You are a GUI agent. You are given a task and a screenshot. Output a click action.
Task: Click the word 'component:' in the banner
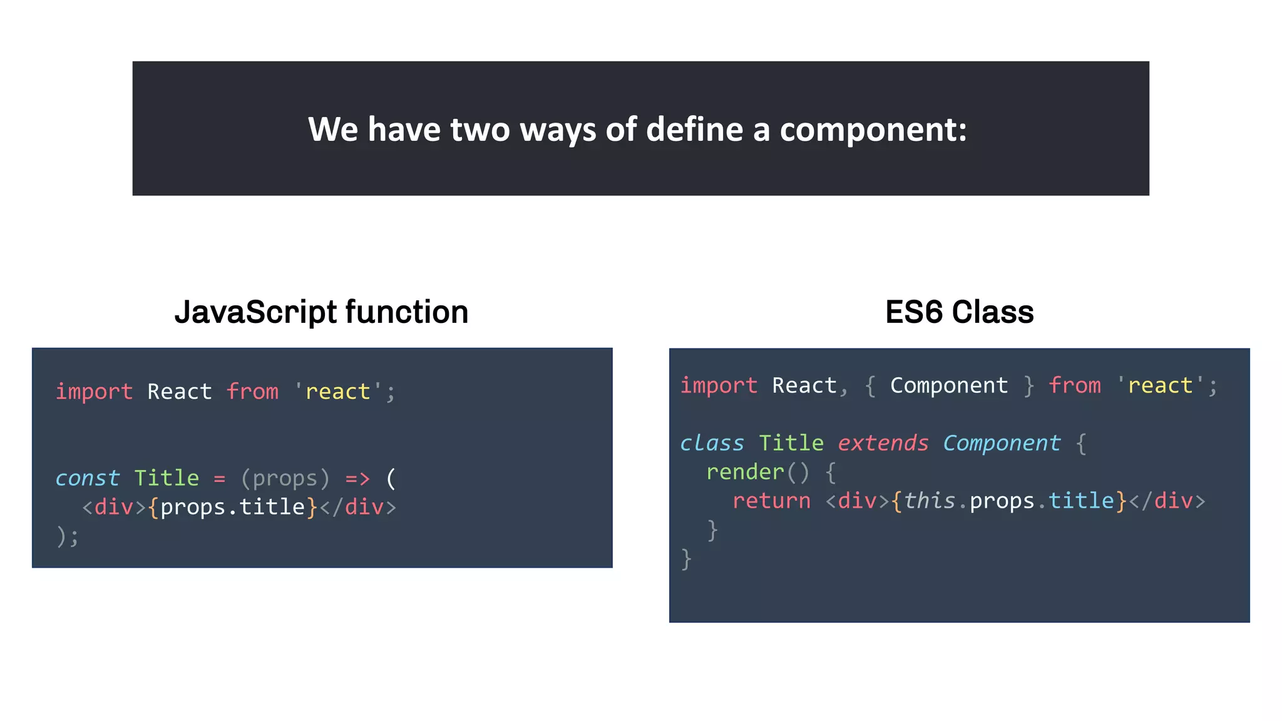coord(873,130)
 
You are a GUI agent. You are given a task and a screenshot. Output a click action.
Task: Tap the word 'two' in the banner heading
coord(479,130)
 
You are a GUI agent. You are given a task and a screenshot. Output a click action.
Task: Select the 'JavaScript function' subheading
coord(321,312)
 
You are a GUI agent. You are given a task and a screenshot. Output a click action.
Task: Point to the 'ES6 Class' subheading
coord(959,312)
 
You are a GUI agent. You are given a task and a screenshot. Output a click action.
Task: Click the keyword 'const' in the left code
coord(87,478)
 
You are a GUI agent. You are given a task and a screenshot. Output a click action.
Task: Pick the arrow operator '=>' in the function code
coord(357,479)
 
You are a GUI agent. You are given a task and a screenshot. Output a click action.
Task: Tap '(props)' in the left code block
coord(285,479)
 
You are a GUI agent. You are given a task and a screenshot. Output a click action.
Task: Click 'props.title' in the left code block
coord(232,507)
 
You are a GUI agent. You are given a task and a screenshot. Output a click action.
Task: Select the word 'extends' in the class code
coord(883,443)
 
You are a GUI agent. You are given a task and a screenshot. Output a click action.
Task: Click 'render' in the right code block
coord(745,472)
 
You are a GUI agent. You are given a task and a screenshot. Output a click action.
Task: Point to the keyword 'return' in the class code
coord(771,501)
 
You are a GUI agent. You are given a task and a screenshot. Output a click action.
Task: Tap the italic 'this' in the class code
coord(930,501)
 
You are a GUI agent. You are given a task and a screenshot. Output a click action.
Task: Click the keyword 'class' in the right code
coord(712,443)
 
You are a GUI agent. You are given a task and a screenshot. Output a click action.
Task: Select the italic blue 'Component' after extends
coord(1002,443)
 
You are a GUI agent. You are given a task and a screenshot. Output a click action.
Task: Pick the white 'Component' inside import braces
coord(949,386)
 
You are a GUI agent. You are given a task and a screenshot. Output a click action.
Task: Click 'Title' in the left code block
coord(167,478)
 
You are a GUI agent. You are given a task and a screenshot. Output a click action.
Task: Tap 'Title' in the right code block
coord(791,443)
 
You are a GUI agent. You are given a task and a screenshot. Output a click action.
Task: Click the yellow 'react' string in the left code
coord(337,392)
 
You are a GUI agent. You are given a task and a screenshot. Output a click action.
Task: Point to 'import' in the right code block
coord(719,386)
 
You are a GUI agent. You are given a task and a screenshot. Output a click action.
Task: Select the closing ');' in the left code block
coord(68,536)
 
